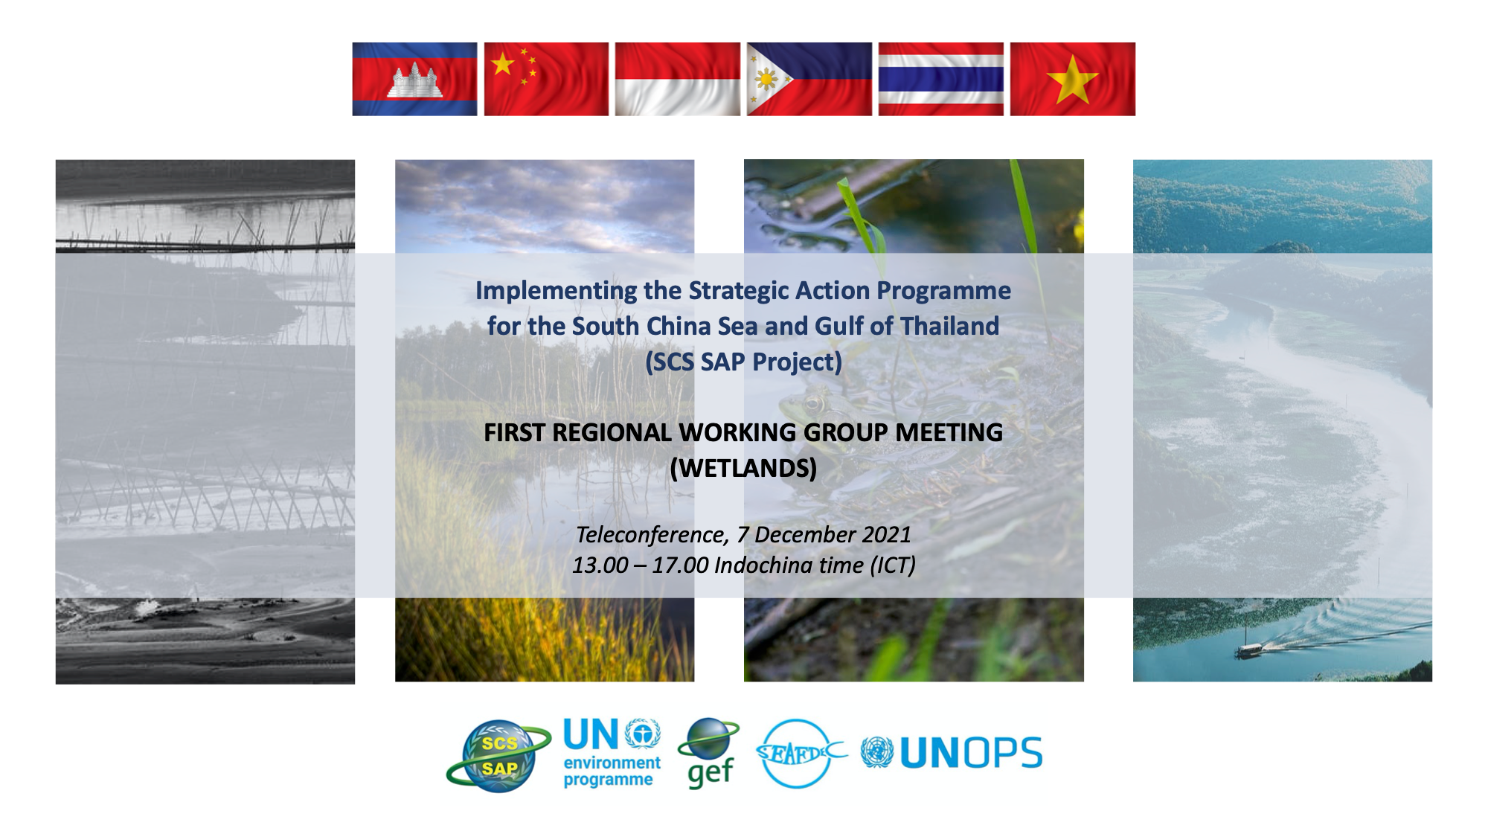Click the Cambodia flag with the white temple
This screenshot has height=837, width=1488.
coord(414,79)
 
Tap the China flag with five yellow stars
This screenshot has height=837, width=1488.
coord(546,79)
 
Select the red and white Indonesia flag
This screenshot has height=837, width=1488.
coord(678,79)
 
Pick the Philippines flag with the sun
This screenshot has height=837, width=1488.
coord(809,79)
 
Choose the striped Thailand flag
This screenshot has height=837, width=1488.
coord(941,79)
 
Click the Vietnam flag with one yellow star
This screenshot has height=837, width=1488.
coord(1073,79)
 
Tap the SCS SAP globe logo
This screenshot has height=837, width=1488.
coord(498,754)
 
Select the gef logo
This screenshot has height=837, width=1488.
coord(709,753)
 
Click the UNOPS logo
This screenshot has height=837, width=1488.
coord(952,753)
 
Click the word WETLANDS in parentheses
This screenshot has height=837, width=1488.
coord(743,468)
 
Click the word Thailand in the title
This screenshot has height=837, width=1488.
coord(949,326)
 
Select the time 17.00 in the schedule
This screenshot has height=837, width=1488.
coord(680,565)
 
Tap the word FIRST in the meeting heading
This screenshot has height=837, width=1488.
coord(514,432)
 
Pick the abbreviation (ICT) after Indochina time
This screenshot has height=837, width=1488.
coord(893,565)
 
